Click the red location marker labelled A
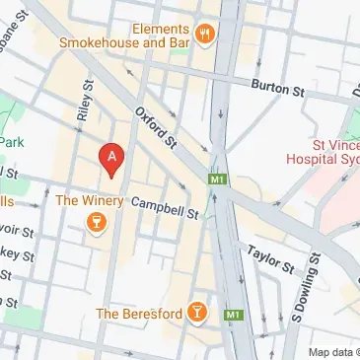(113, 159)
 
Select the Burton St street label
(278, 88)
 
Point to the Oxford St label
(155, 128)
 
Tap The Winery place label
(90, 201)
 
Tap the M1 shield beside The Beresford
(232, 315)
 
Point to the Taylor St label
(270, 258)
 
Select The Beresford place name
(139, 314)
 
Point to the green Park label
(11, 141)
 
